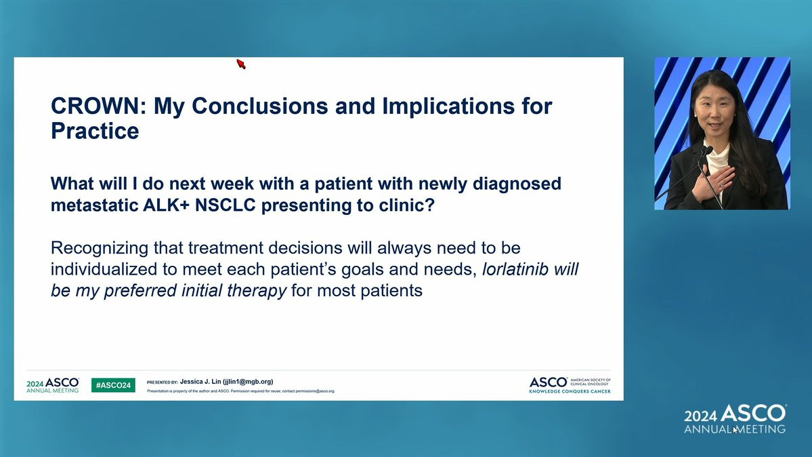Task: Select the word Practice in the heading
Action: (95, 131)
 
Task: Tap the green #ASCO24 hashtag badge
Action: (113, 385)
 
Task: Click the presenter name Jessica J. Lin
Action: (200, 381)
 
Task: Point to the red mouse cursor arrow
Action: (241, 64)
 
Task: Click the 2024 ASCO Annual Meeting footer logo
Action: (53, 385)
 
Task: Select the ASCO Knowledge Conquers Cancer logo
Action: (570, 385)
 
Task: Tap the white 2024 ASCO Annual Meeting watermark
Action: (735, 418)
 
